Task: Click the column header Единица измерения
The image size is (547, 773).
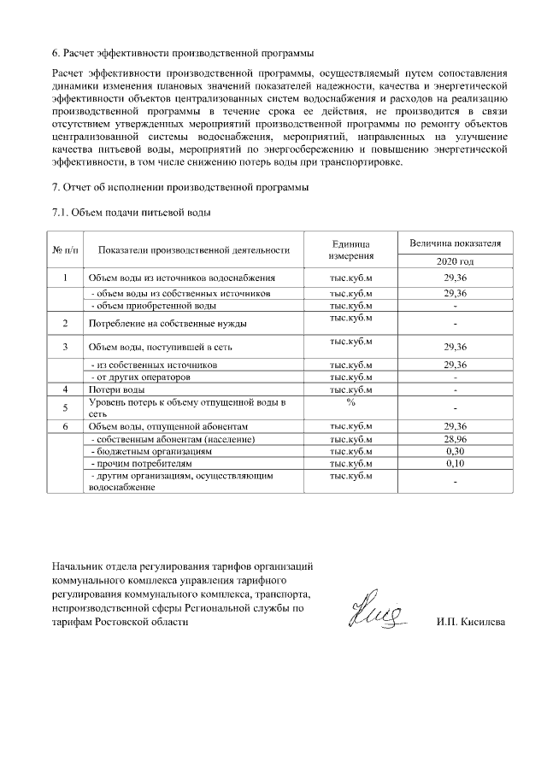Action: point(351,249)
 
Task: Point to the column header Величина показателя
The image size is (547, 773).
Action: point(455,243)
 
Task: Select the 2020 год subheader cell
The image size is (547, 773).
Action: point(455,261)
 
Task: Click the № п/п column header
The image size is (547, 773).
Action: point(66,249)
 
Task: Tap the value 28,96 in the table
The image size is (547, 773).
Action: point(455,438)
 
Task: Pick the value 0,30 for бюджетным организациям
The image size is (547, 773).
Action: point(455,450)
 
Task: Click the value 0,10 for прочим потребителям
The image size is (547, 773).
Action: point(455,463)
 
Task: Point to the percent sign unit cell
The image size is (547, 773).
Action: point(351,401)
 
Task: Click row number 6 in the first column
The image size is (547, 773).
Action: point(66,425)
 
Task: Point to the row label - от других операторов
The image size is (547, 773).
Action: point(141,377)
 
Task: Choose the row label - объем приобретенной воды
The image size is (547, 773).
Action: point(153,306)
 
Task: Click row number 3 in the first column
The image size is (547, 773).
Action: point(66,347)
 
